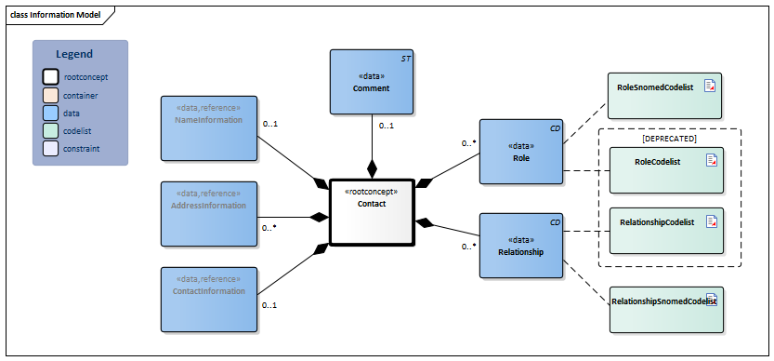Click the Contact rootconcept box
pyautogui.click(x=371, y=210)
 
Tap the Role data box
pyautogui.click(x=521, y=151)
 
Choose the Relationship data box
pyautogui.click(x=521, y=245)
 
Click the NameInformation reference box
pyautogui.click(x=208, y=127)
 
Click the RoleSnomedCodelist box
pyautogui.click(x=664, y=95)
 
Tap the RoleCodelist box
pyautogui.click(x=664, y=169)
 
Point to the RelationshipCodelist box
pyautogui.click(x=664, y=230)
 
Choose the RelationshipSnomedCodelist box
pyautogui.click(x=664, y=310)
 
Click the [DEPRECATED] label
pyautogui.click(x=669, y=138)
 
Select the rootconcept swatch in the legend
pyautogui.click(x=51, y=77)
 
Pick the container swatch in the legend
pyautogui.click(x=51, y=95)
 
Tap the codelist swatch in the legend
pyautogui.click(x=51, y=130)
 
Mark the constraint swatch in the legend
pyautogui.click(x=51, y=148)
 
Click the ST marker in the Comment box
pyautogui.click(x=405, y=58)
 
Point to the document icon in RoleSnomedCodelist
pyautogui.click(x=710, y=86)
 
